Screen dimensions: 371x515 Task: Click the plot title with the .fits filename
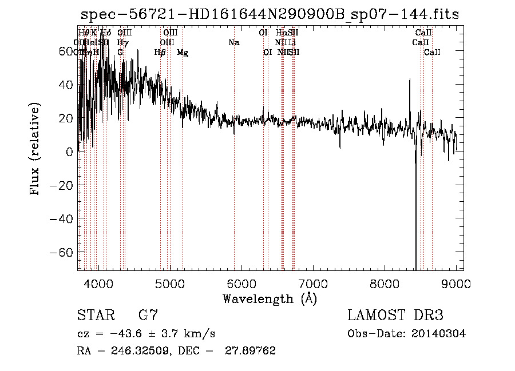(x=270, y=14)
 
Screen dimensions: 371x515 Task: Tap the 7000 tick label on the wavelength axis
(x=313, y=284)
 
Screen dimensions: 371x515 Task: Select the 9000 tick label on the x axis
(x=456, y=284)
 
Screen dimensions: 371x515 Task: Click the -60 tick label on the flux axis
(x=59, y=253)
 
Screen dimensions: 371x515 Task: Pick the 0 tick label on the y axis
(x=69, y=152)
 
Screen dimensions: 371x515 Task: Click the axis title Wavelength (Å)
(x=270, y=299)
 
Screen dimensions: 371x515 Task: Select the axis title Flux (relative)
(x=35, y=150)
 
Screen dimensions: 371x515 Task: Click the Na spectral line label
(x=233, y=42)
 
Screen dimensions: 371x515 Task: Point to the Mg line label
(x=183, y=53)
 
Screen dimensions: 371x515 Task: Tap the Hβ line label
(x=160, y=53)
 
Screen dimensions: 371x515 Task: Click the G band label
(x=120, y=53)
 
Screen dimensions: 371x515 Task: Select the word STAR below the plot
(x=94, y=316)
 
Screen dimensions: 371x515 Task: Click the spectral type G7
(x=148, y=316)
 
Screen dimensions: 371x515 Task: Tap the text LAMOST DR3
(x=395, y=316)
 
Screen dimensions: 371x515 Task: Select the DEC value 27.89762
(x=252, y=351)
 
